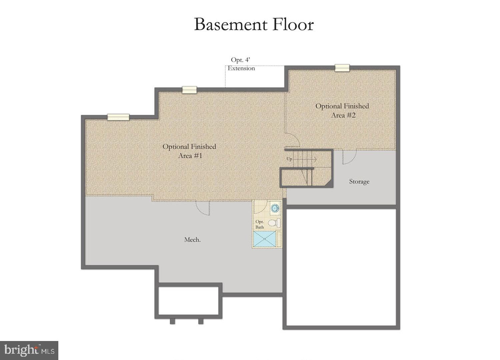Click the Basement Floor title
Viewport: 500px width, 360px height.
[254, 24]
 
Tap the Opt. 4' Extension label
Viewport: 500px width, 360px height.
[241, 64]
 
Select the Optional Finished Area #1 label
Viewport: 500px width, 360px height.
[189, 151]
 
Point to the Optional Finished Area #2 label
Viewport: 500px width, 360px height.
[342, 110]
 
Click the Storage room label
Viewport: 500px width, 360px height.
[359, 182]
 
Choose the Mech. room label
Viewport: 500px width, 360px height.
[192, 240]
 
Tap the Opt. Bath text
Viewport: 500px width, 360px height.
[259, 224]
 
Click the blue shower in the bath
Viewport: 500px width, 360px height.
[265, 239]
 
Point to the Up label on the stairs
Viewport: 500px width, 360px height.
[289, 159]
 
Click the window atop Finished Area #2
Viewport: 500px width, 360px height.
[342, 68]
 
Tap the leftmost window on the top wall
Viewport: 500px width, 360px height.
[118, 117]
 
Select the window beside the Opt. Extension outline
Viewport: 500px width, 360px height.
[189, 90]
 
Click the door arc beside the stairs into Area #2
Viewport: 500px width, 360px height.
[293, 140]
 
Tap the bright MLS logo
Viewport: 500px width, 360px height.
[29, 350]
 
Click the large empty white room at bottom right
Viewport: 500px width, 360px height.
[341, 267]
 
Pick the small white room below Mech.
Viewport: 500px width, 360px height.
[188, 300]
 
